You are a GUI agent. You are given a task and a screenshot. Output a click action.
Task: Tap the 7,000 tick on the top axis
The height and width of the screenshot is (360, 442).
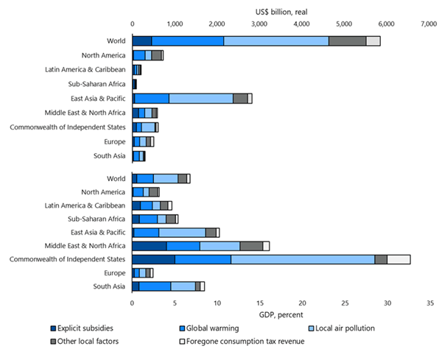point(429,24)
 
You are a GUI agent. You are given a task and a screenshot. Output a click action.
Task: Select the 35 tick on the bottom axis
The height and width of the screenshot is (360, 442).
point(429,302)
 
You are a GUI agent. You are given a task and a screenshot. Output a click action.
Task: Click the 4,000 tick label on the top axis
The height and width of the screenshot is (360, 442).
point(301,24)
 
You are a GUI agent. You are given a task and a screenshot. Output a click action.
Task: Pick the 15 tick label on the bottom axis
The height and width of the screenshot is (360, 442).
point(259,302)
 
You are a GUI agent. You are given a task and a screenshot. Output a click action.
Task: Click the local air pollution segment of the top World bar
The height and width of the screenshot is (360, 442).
point(276,41)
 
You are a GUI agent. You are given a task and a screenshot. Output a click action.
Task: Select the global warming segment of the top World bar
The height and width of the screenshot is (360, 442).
point(188,41)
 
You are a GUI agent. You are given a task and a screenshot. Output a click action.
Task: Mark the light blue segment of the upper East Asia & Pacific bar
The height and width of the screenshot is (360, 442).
point(201,98)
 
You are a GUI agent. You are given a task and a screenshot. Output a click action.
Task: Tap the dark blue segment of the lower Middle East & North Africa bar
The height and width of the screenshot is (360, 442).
point(150,245)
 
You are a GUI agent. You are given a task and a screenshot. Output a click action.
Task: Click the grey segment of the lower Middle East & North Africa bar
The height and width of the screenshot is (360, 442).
point(251,245)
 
